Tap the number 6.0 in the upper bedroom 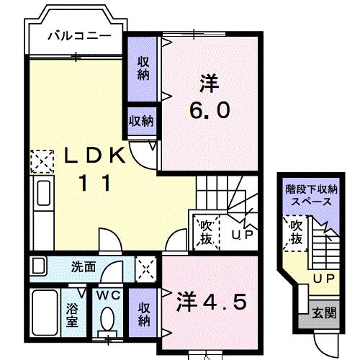pyautogui.click(x=211, y=110)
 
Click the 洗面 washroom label pyautogui.click(x=83, y=266)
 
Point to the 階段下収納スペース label pyautogui.click(x=312, y=195)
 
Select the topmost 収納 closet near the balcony pyautogui.click(x=143, y=69)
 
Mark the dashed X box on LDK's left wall pyautogui.click(x=42, y=161)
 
